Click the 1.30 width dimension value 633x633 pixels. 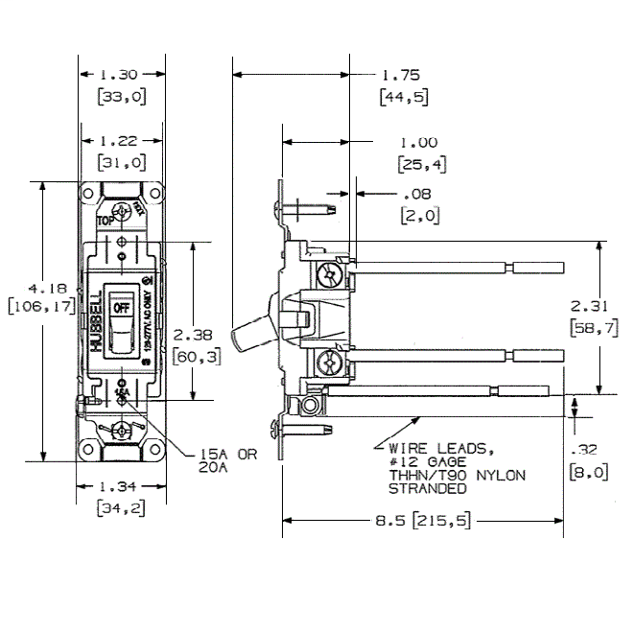click(x=121, y=74)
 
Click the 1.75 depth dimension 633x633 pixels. click(x=401, y=75)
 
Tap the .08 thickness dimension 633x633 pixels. click(x=418, y=195)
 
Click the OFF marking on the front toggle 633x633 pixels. click(x=121, y=309)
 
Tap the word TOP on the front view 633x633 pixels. click(x=105, y=220)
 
